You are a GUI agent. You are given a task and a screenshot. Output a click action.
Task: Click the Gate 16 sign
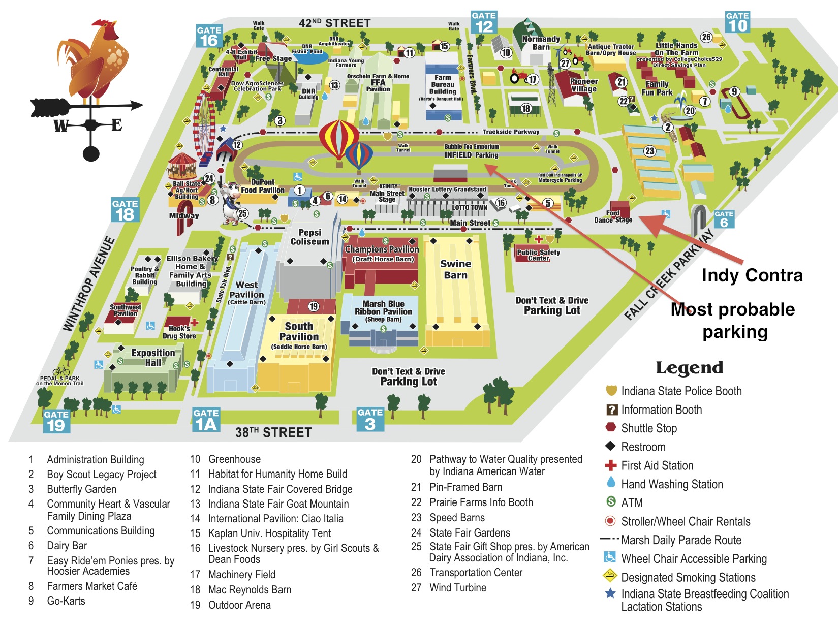pyautogui.click(x=209, y=36)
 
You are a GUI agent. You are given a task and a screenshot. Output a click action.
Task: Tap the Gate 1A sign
pyautogui.click(x=206, y=420)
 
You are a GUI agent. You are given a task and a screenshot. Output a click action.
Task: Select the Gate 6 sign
pyautogui.click(x=724, y=219)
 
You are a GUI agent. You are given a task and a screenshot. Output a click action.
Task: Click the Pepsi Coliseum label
pyautogui.click(x=309, y=237)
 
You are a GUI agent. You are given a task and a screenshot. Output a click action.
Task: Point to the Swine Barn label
pyautogui.click(x=455, y=269)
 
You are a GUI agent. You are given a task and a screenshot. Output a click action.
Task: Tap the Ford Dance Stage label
pyautogui.click(x=613, y=217)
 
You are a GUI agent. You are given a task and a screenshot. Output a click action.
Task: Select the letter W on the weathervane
pyautogui.click(x=60, y=125)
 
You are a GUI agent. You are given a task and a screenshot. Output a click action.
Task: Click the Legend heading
pyautogui.click(x=689, y=367)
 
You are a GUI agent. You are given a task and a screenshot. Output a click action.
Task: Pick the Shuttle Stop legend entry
pyautogui.click(x=648, y=428)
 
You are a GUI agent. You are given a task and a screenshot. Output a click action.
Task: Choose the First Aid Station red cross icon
pyautogui.click(x=610, y=465)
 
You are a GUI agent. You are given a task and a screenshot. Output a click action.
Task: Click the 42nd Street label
pyautogui.click(x=334, y=23)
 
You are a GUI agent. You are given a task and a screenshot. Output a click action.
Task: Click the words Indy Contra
pyautogui.click(x=752, y=275)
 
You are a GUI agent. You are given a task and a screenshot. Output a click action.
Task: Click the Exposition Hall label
pyautogui.click(x=152, y=358)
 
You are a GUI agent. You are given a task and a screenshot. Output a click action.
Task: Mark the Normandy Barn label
pyautogui.click(x=541, y=43)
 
